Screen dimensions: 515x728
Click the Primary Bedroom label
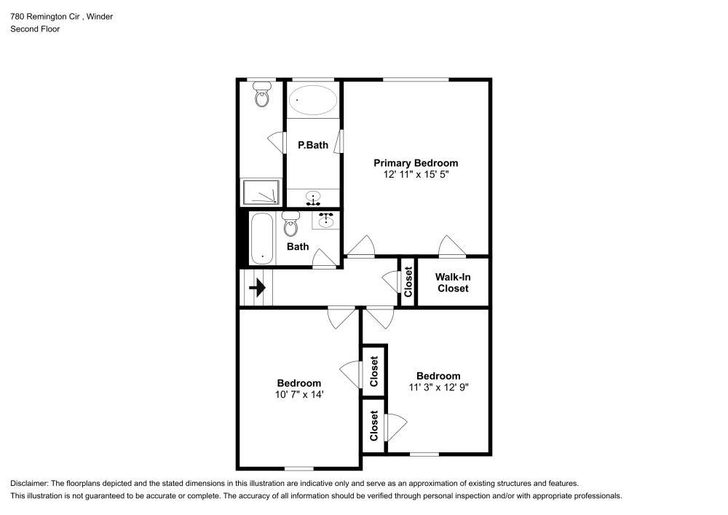(x=416, y=163)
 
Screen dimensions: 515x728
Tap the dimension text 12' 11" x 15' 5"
(x=416, y=175)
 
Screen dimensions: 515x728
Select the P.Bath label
(x=312, y=145)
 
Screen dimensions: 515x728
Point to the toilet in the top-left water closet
(x=262, y=94)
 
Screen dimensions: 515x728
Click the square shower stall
(x=261, y=192)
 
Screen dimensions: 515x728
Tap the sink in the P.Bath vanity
(x=314, y=197)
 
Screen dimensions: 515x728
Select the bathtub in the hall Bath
(x=261, y=238)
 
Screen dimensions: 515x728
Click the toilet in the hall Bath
(x=291, y=225)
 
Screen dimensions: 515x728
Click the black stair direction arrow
(x=257, y=288)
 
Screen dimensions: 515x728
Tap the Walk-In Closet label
(x=451, y=283)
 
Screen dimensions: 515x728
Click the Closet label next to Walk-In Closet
(x=408, y=282)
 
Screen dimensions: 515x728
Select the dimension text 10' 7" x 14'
(x=298, y=394)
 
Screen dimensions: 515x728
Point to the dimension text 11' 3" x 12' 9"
(x=438, y=388)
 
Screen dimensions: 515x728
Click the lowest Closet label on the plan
(x=373, y=426)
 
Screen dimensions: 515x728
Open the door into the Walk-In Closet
(x=451, y=248)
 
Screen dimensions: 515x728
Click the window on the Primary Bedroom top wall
(x=415, y=79)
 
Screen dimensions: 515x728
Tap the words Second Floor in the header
(x=35, y=29)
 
